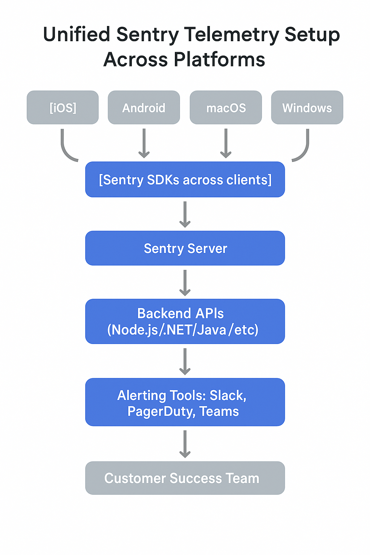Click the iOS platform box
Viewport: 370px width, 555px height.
click(x=63, y=108)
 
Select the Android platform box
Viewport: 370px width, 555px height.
click(x=144, y=108)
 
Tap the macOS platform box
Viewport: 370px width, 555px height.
click(x=226, y=108)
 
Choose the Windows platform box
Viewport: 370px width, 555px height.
click(x=307, y=108)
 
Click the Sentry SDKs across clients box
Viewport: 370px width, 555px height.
click(x=185, y=180)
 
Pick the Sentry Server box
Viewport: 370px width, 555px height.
click(x=185, y=248)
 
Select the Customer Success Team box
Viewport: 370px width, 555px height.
click(x=185, y=478)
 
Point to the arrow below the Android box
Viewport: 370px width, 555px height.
click(x=144, y=143)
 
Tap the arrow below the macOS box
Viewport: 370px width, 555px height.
click(x=226, y=143)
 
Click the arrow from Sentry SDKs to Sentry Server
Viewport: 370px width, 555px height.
click(x=185, y=214)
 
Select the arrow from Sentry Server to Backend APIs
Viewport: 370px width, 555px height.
click(x=185, y=283)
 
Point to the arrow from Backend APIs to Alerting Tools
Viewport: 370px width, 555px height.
click(x=185, y=361)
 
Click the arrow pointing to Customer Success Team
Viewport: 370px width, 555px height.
click(x=185, y=444)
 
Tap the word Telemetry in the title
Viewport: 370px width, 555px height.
click(x=232, y=35)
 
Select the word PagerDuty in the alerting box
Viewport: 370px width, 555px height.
click(x=161, y=412)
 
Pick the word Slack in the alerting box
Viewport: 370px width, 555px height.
click(x=227, y=395)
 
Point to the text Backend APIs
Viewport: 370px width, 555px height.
click(x=181, y=313)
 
